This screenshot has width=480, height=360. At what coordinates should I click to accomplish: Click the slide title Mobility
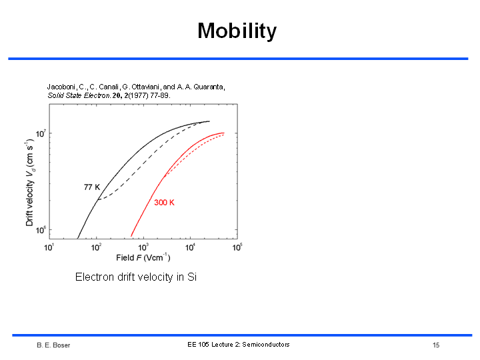click(237, 31)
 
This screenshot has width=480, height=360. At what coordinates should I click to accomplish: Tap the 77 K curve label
click(92, 187)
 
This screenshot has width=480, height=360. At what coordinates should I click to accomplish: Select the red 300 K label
click(164, 203)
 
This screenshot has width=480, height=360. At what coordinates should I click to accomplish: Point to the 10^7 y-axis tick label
click(41, 133)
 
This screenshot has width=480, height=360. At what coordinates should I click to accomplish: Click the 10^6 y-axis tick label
click(41, 230)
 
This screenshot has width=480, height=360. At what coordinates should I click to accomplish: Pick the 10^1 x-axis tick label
click(49, 247)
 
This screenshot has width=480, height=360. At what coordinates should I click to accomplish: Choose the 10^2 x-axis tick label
click(96, 247)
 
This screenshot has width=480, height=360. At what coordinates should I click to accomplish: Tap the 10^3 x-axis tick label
click(143, 247)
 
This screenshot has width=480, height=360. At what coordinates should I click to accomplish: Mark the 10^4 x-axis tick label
click(190, 247)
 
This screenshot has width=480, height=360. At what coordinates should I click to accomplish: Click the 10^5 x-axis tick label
click(237, 247)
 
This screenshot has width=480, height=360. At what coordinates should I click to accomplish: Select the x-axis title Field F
click(143, 257)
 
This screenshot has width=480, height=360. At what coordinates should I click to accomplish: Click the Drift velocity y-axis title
click(30, 183)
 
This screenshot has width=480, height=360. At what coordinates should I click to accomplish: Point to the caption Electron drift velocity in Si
click(136, 277)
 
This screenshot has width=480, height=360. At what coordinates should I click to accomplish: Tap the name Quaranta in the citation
click(209, 87)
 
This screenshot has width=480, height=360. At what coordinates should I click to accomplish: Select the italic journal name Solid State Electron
click(79, 95)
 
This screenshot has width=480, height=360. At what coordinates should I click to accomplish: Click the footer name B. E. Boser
click(53, 345)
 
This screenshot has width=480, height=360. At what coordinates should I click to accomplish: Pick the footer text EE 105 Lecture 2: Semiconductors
click(239, 345)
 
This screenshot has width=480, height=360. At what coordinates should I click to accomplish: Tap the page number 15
click(436, 345)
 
